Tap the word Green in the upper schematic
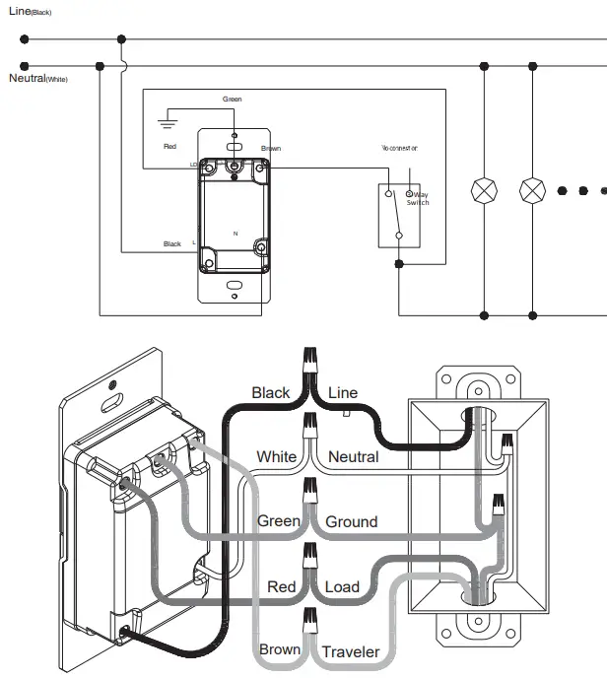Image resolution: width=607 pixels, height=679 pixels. coord(233,100)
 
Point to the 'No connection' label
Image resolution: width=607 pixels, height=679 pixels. coord(399,148)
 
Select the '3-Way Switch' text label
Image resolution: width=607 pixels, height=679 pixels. coord(417,199)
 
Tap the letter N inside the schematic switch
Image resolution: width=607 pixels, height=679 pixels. coord(235,233)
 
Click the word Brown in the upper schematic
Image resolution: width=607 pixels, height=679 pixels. coord(271,149)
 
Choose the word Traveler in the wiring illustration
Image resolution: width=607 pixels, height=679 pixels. coord(351,651)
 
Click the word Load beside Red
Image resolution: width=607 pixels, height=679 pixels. coord(342,587)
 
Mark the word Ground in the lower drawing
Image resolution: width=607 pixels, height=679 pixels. coord(352,521)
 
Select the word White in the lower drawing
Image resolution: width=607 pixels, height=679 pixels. coord(276,456)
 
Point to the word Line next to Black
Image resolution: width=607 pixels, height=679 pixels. coord(343,392)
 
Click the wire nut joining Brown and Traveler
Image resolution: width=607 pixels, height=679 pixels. coord(310,621)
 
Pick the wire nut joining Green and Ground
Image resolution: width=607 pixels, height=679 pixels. coord(309,489)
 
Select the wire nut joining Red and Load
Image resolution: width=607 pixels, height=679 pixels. coord(309,555)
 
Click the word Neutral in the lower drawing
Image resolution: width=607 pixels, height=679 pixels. coord(353,456)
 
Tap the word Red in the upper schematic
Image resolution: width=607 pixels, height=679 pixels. coord(170,147)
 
